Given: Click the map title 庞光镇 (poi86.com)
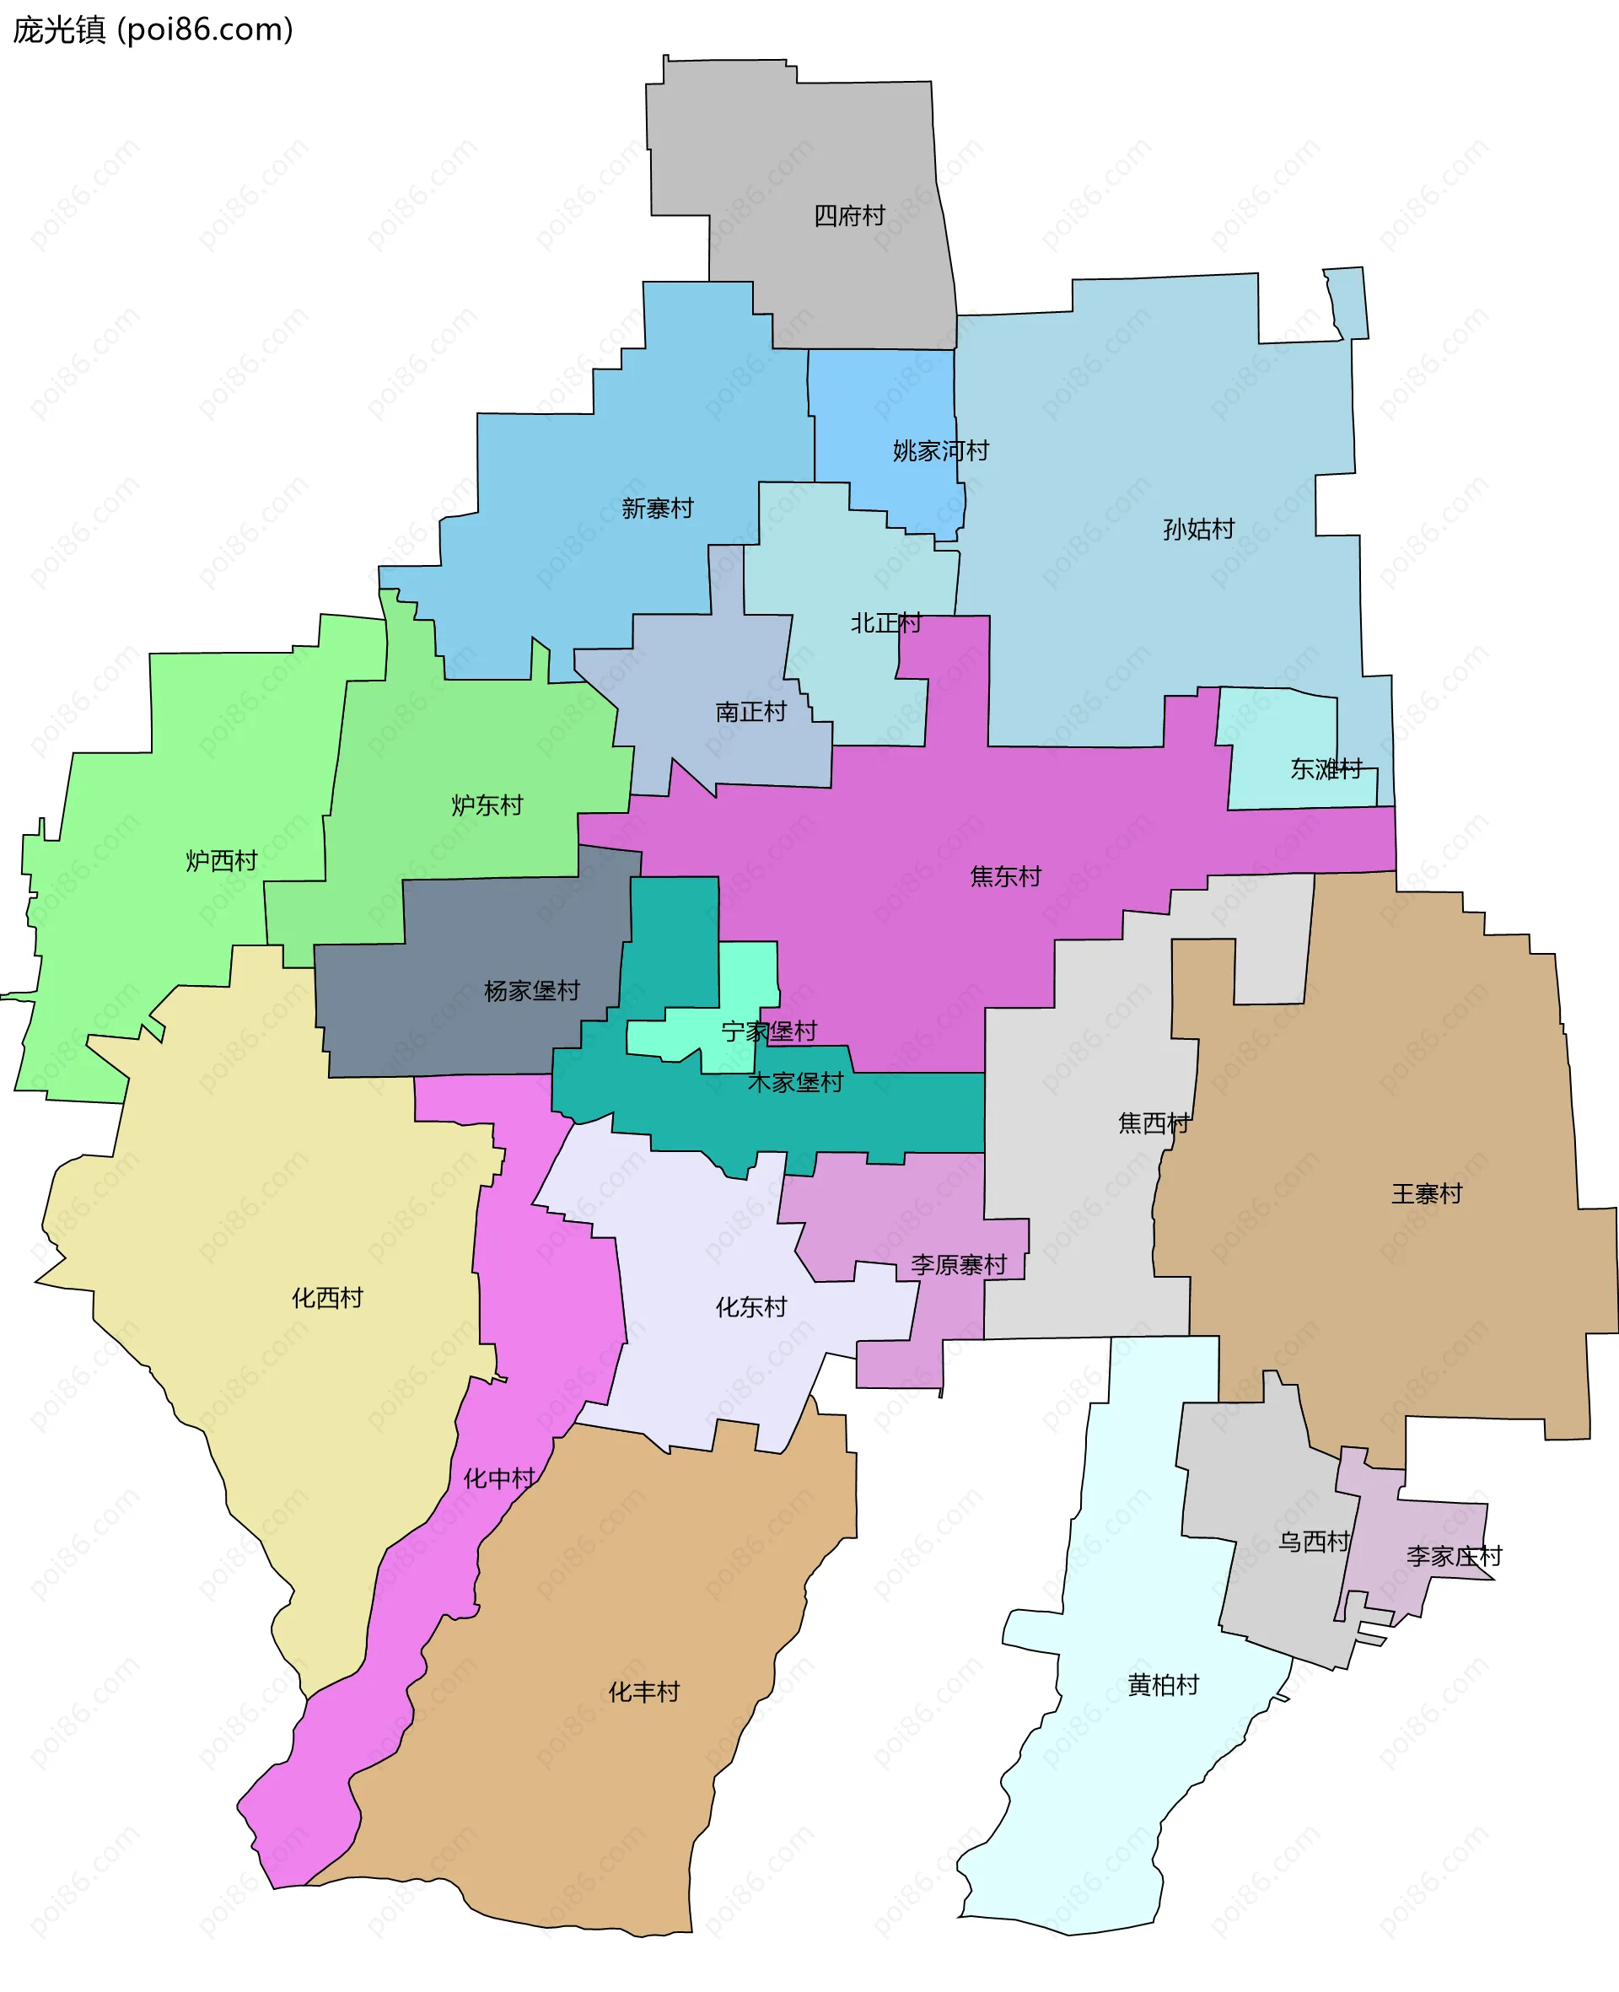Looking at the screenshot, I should tap(152, 30).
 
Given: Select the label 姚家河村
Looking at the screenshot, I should tap(940, 451).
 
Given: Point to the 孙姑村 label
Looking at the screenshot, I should tap(1198, 530).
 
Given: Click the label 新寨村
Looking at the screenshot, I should tap(658, 509).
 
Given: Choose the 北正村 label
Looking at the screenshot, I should tap(885, 623).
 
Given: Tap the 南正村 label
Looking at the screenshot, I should tap(750, 713).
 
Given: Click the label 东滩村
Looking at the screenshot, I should tap(1326, 769).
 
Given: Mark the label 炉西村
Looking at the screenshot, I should tap(221, 861).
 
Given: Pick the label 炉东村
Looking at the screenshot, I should tap(487, 805).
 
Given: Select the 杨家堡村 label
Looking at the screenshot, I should tap(531, 990).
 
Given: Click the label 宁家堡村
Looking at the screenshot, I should tap(768, 1031).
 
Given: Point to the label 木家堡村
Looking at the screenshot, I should tap(794, 1083).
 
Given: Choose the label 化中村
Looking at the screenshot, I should tap(499, 1479).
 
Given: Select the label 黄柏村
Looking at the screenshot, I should tap(1163, 1685).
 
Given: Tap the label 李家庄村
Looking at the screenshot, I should tap(1454, 1557).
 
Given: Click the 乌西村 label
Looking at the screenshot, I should tap(1313, 1542).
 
